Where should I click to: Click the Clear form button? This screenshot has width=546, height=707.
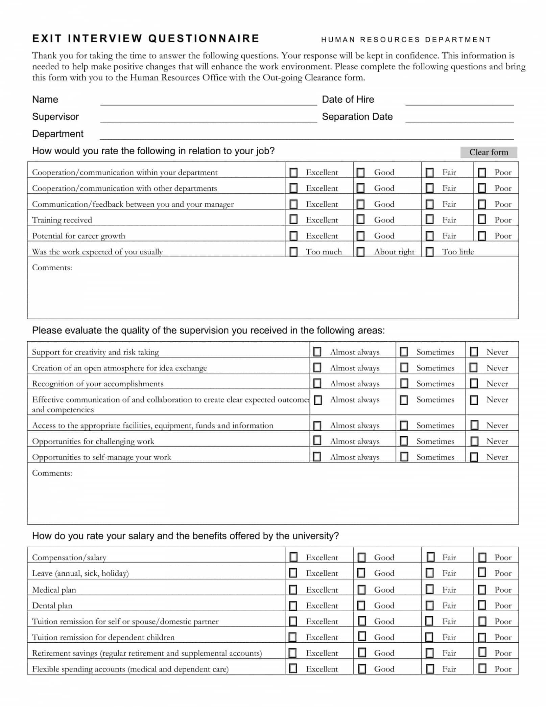(x=488, y=152)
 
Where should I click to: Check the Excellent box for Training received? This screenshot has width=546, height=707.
(x=293, y=220)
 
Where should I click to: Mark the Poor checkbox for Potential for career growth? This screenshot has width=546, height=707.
(x=482, y=235)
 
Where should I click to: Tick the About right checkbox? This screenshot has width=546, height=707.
(x=361, y=251)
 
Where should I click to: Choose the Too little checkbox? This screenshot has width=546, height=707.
(x=429, y=251)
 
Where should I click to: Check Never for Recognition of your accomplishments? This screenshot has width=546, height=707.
(x=474, y=383)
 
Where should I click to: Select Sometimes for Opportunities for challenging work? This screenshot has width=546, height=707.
(x=404, y=441)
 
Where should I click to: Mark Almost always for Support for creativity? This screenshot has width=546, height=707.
(x=317, y=351)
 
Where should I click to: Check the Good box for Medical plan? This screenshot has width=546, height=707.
(x=361, y=590)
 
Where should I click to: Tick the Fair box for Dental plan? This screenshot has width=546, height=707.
(x=429, y=605)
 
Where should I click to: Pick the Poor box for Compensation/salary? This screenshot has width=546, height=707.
(x=482, y=557)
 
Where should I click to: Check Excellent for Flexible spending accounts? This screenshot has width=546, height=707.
(x=293, y=668)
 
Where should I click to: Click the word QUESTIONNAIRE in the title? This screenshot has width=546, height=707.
(x=204, y=39)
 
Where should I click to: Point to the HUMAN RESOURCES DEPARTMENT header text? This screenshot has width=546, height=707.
(x=405, y=40)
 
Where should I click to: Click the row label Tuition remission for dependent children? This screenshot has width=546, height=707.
(x=103, y=637)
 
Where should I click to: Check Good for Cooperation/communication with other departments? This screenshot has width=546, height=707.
(x=361, y=188)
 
